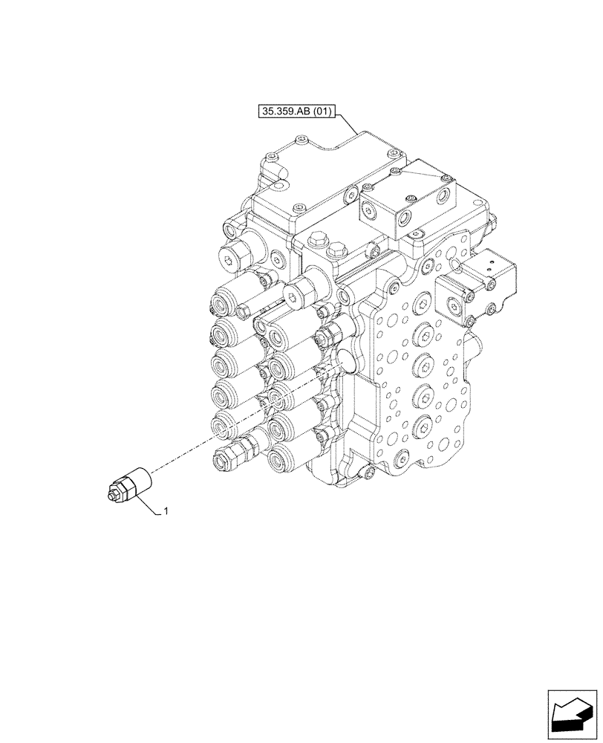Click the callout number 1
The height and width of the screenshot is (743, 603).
pyautogui.click(x=166, y=511)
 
